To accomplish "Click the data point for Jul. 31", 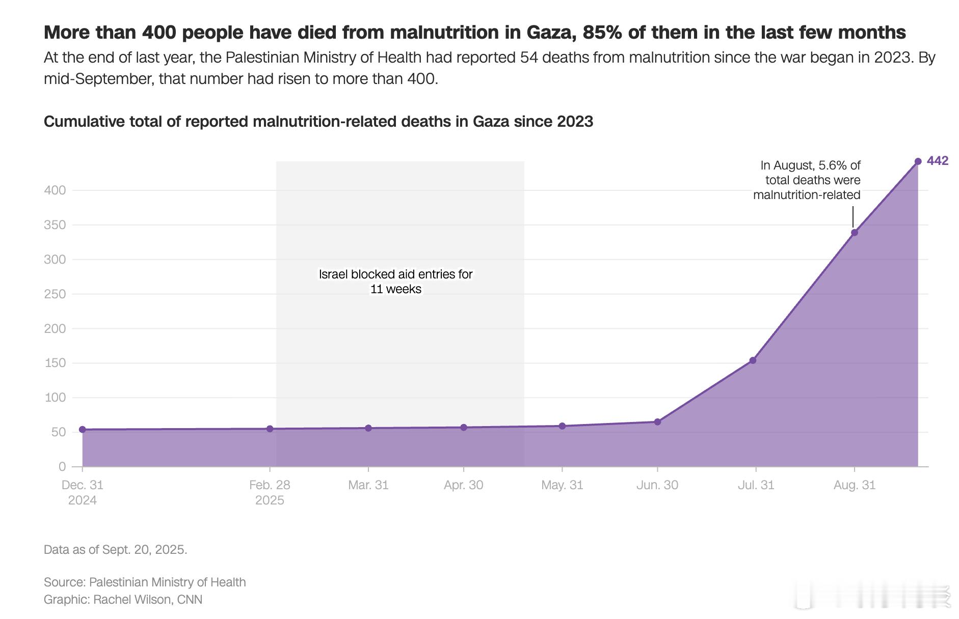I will tap(753, 360).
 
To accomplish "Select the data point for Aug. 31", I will tap(855, 233).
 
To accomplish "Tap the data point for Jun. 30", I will tap(657, 422).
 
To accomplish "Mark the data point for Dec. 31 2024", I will tap(83, 430).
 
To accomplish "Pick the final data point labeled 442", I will tap(918, 161).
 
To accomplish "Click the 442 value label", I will tap(938, 161).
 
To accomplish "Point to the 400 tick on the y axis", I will tap(55, 190).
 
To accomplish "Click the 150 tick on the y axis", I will tap(55, 363).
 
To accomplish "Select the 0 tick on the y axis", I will tap(62, 466).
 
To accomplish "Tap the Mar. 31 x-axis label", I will tap(368, 485).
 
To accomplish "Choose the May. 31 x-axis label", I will tap(562, 485).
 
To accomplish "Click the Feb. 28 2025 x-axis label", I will tap(270, 492).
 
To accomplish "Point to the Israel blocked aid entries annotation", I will tap(395, 282).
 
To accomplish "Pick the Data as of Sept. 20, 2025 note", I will tap(115, 550).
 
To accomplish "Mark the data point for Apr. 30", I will tap(464, 428).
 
